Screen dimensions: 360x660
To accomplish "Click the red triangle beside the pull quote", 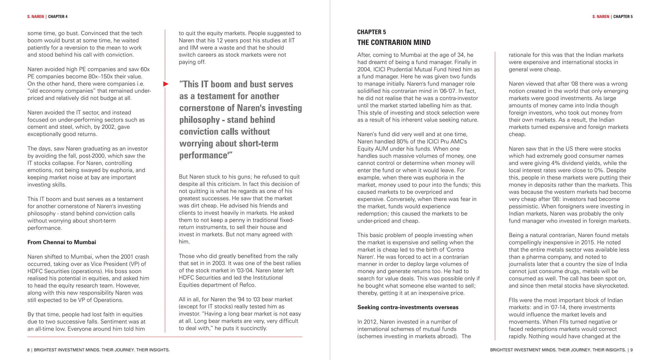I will tap(166, 84).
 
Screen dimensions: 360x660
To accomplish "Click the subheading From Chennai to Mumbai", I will tap(62, 242).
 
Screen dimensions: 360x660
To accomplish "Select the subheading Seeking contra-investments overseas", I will tap(408, 307).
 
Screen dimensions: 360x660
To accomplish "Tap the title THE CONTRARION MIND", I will tap(394, 43).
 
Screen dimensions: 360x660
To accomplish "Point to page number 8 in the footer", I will tap(28, 350).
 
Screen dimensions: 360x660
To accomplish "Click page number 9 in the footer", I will tap(631, 350).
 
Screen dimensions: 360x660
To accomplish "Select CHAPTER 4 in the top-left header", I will tap(58, 17).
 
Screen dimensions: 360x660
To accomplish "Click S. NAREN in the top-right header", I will tap(601, 17).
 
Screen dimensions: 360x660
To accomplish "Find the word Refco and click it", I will tap(247, 285).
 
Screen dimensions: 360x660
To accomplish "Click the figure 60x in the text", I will tap(145, 69).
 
